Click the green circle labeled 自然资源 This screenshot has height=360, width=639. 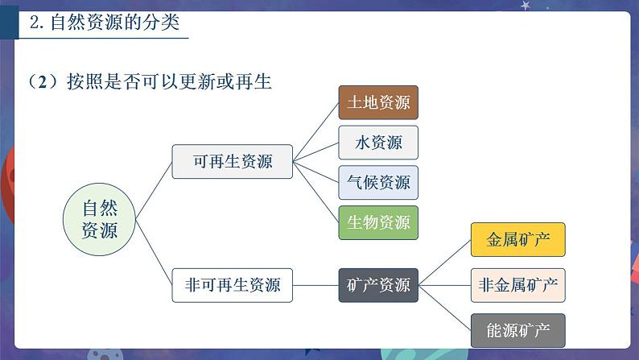[x=99, y=219]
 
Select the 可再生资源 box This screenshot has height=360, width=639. [x=233, y=161]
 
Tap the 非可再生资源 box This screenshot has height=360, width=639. [x=233, y=285]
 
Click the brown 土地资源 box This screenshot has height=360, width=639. [x=378, y=102]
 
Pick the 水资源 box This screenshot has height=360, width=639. [x=378, y=143]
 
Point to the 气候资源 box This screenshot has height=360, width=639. [x=378, y=182]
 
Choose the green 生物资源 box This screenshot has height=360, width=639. [x=378, y=222]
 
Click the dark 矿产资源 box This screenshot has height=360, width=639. [x=378, y=285]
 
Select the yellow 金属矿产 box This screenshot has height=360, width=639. [x=518, y=239]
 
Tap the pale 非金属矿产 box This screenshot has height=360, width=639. [x=518, y=285]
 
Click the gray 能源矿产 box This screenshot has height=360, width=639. [x=518, y=330]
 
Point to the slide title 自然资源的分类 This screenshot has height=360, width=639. [x=115, y=22]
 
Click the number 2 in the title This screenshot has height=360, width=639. [x=35, y=23]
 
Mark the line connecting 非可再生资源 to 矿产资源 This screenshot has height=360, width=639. [x=315, y=285]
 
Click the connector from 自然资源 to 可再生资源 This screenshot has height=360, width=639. [x=154, y=190]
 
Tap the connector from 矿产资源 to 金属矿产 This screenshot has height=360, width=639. [x=444, y=263]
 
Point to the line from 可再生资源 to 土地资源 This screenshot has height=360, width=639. [x=315, y=132]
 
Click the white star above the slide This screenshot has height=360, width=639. [x=525, y=6]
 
